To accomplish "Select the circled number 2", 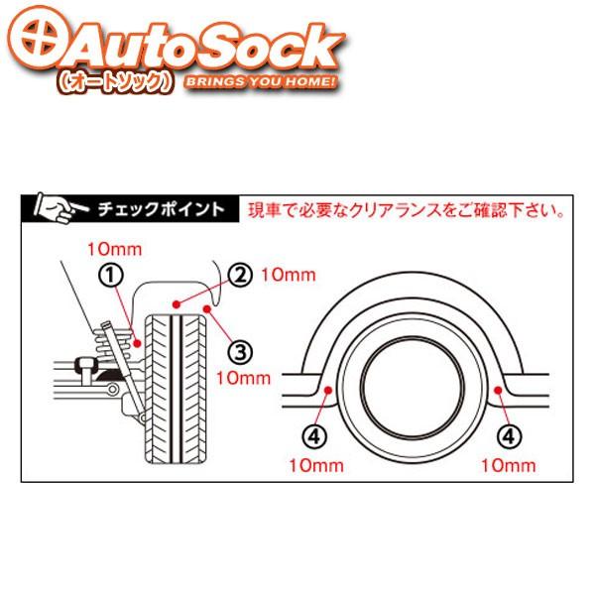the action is click(x=239, y=275).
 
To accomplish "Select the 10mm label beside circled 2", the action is click(x=282, y=275).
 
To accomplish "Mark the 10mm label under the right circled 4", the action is click(x=507, y=464).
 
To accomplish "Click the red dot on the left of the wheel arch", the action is click(x=328, y=391).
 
